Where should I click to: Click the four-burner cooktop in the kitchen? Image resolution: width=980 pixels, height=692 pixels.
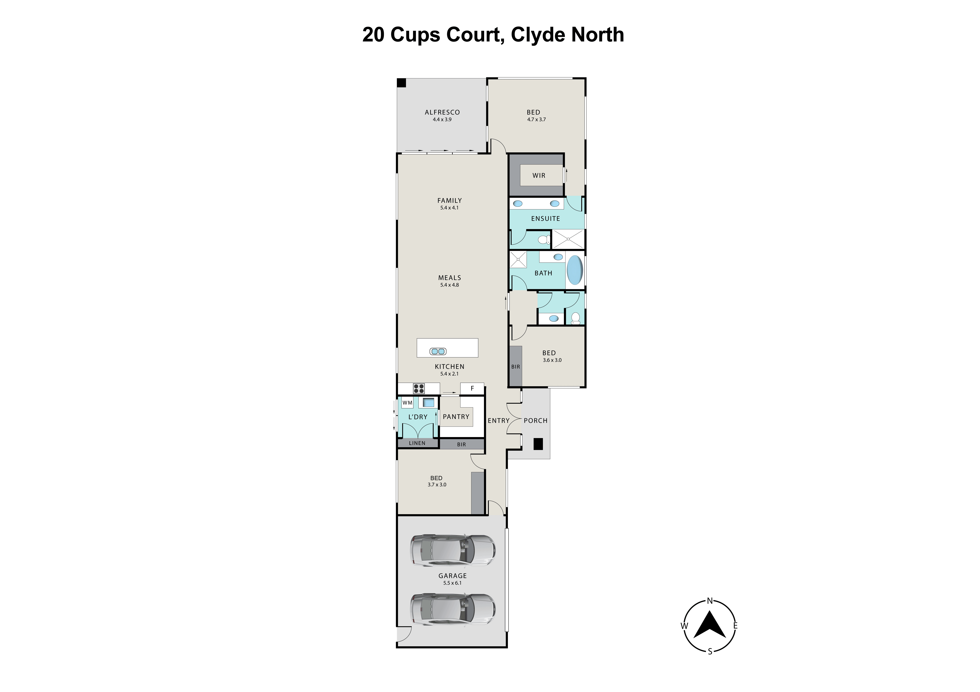pyautogui.click(x=419, y=388)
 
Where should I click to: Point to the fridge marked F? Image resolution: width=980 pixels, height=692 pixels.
pyautogui.click(x=472, y=388)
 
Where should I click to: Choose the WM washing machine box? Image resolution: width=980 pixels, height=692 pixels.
pyautogui.click(x=407, y=403)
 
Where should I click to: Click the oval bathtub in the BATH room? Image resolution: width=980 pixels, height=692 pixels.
pyautogui.click(x=575, y=270)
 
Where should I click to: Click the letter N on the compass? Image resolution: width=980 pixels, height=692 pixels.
pyautogui.click(x=710, y=601)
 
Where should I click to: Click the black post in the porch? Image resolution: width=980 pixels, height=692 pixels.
pyautogui.click(x=538, y=444)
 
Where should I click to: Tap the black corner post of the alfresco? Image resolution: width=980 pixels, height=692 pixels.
pyautogui.click(x=401, y=83)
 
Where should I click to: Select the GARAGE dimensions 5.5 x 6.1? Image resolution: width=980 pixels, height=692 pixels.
pyautogui.click(x=452, y=583)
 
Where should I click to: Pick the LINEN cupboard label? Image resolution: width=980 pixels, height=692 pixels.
pyautogui.click(x=417, y=443)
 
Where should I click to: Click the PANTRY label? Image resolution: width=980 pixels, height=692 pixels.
pyautogui.click(x=456, y=417)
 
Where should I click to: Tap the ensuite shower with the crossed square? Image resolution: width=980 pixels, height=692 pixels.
pyautogui.click(x=568, y=239)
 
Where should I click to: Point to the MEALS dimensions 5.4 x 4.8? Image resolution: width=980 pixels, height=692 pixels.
pyautogui.click(x=449, y=285)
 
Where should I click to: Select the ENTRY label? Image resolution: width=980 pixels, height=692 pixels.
pyautogui.click(x=498, y=420)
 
